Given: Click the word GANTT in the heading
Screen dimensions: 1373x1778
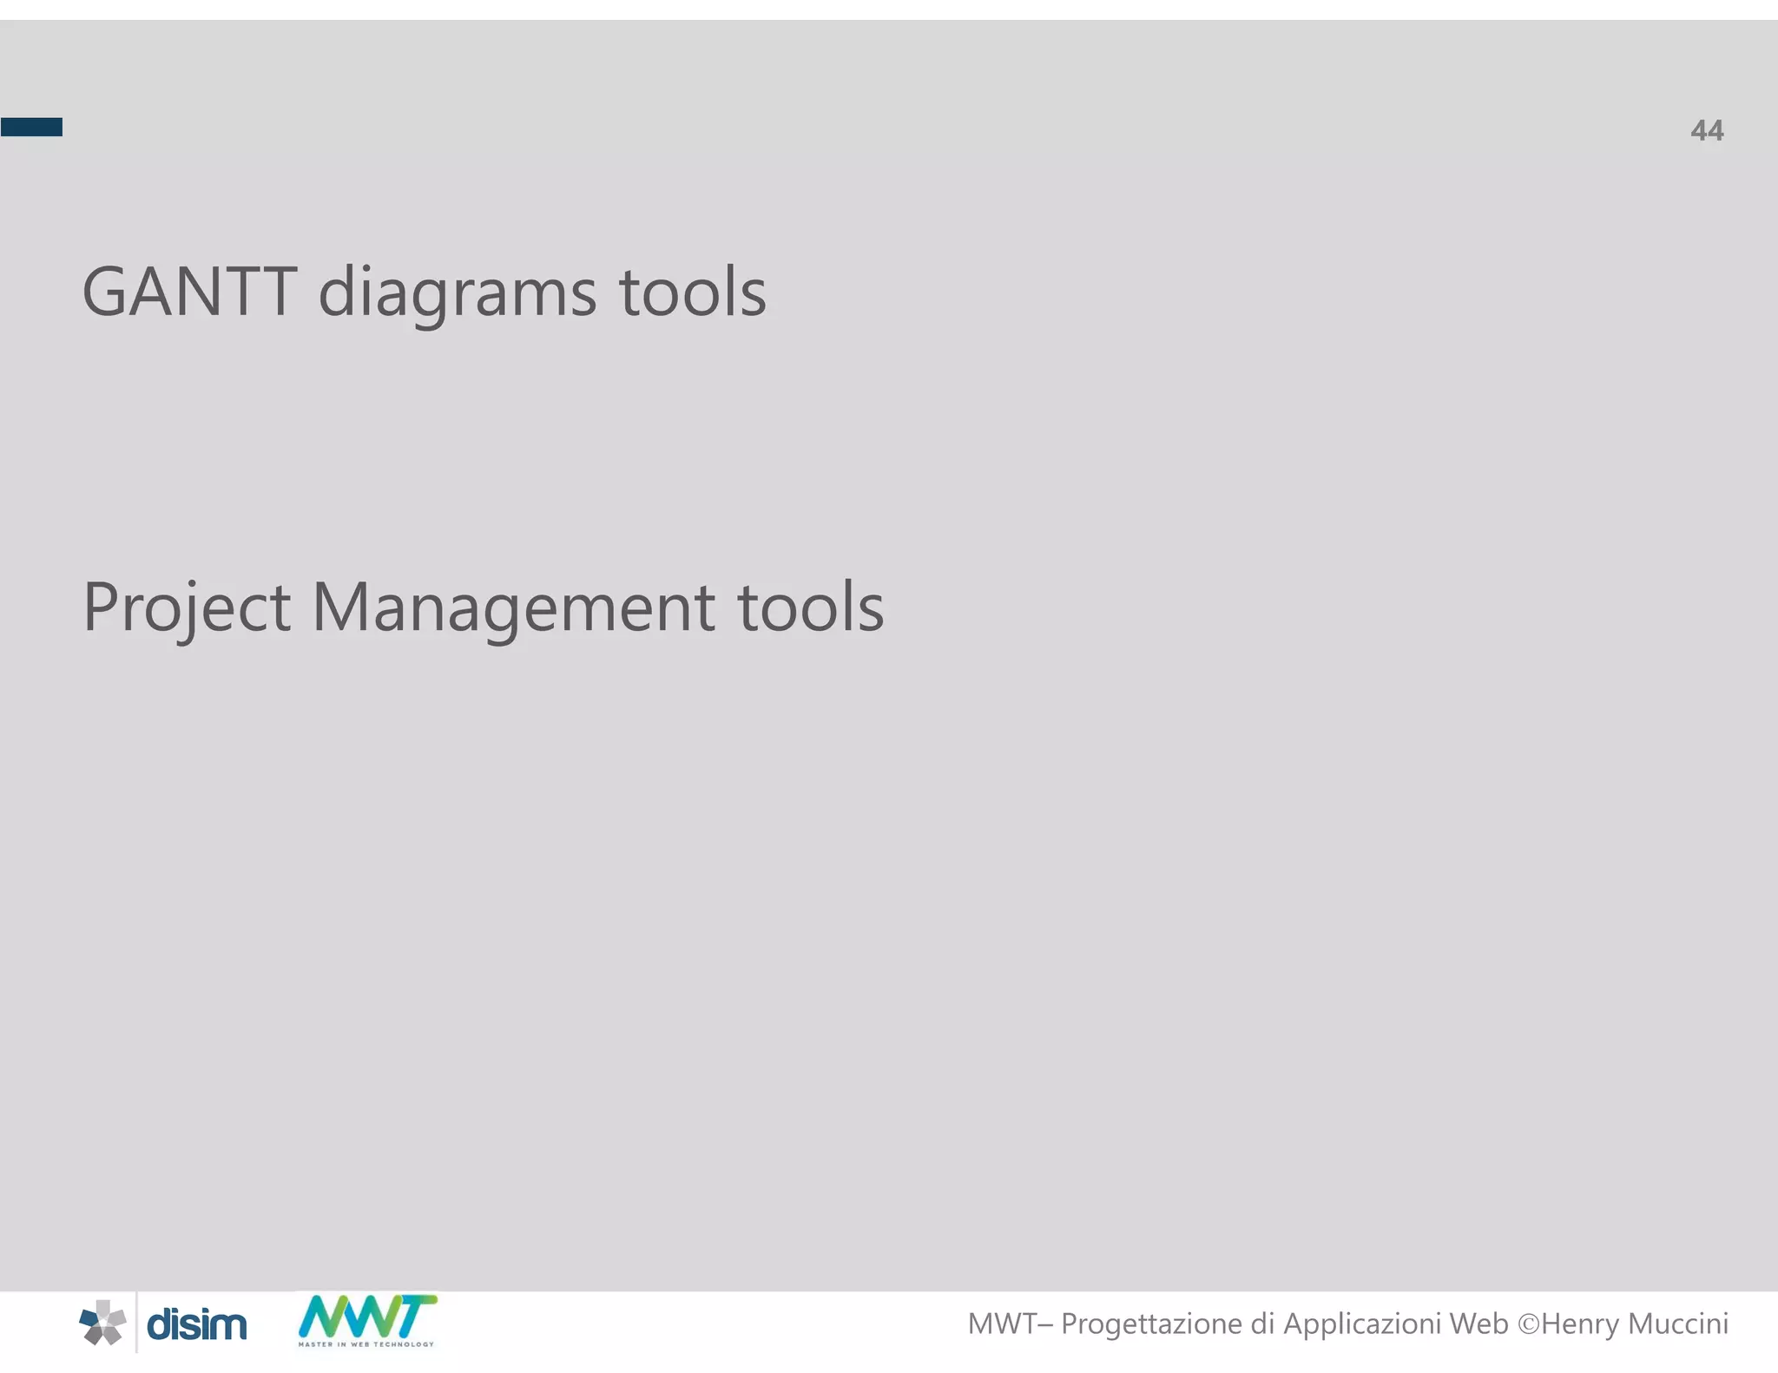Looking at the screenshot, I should point(189,292).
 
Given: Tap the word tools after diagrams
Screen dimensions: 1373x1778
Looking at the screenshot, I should point(692,292).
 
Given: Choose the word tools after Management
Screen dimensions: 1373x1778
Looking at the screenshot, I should point(810,608).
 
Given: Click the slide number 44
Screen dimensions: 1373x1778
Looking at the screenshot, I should point(1706,131).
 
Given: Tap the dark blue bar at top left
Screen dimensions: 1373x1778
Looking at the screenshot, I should point(31,128).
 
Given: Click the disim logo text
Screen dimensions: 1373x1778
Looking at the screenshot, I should point(197,1325).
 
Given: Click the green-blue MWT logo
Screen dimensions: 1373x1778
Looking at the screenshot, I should point(367,1317).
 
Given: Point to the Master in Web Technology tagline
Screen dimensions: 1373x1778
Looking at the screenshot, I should point(366,1344).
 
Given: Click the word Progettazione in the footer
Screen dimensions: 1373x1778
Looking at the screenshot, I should point(1151,1324).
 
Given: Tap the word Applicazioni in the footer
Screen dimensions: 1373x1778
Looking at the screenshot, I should point(1361,1324).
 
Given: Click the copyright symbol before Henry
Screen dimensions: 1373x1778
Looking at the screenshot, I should point(1528,1324).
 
